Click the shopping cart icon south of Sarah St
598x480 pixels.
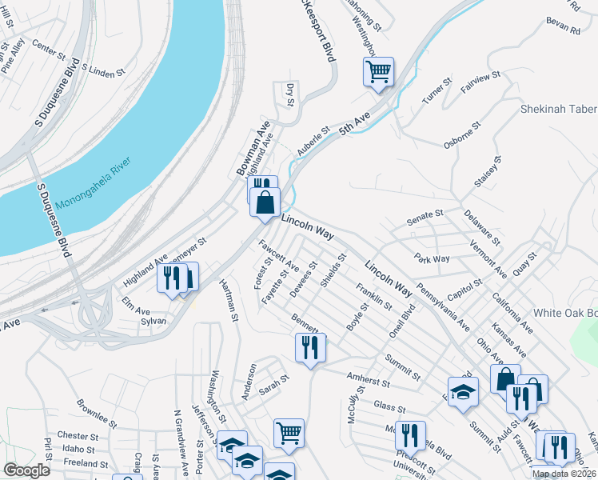coord(289,433)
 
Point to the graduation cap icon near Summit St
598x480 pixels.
coord(462,390)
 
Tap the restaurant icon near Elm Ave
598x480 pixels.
coord(173,278)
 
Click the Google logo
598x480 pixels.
coord(26,470)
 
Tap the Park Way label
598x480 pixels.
coord(432,258)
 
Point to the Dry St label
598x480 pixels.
coord(290,94)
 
